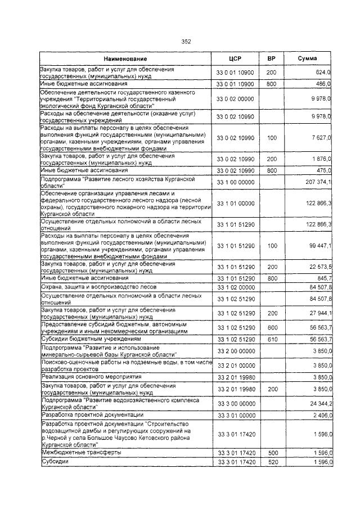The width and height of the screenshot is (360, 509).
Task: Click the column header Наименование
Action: (125, 59)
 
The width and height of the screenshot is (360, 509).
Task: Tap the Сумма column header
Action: (307, 59)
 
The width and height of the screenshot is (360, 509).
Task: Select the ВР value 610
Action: (271, 340)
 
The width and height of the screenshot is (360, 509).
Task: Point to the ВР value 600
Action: (271, 328)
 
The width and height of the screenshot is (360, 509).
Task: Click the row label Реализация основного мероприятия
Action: (91, 376)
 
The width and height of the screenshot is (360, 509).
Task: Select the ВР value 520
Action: (271, 462)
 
